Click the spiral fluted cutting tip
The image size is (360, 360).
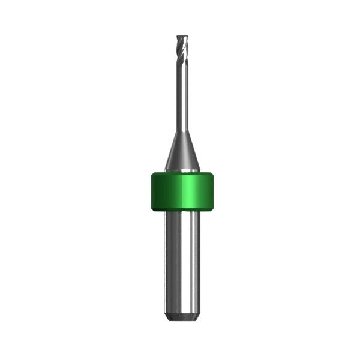point(181,48)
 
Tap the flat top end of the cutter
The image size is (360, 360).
point(181,35)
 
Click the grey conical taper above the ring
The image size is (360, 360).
point(181,153)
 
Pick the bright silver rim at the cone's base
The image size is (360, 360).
point(181,171)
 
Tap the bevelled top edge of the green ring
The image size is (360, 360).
point(181,175)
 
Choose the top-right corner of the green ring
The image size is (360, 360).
point(213,175)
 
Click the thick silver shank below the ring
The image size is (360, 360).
point(181,264)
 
